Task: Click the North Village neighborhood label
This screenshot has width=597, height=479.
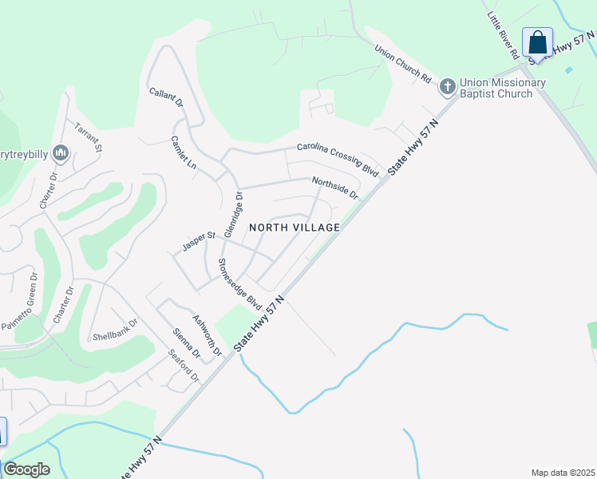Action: (x=295, y=228)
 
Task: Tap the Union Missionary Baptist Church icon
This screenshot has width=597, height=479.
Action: (x=448, y=85)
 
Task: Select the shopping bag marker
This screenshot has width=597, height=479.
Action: (x=538, y=42)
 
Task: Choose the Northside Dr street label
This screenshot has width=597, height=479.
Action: (x=335, y=188)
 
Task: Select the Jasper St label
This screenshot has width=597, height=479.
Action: (x=200, y=242)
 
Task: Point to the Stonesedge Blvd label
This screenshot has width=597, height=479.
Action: (x=239, y=284)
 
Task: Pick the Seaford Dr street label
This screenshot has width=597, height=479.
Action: (x=183, y=365)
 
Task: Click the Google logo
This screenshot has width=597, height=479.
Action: (x=26, y=469)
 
